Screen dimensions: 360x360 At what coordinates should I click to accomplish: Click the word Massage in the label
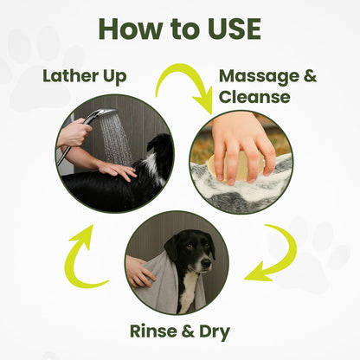pyautogui.click(x=259, y=76)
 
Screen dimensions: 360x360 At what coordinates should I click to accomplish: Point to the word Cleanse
pyautogui.click(x=254, y=97)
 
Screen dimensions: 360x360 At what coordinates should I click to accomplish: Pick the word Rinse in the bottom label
pyautogui.click(x=153, y=331)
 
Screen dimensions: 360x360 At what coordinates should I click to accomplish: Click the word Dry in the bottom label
pyautogui.click(x=215, y=332)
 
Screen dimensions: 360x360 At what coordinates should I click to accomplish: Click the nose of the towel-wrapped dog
pyautogui.click(x=206, y=262)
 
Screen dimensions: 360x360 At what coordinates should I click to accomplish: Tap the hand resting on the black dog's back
pyautogui.click(x=117, y=170)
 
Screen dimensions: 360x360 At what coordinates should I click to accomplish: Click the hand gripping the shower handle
pyautogui.click(x=74, y=132)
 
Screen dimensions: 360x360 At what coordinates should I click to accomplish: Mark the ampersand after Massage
pyautogui.click(x=310, y=76)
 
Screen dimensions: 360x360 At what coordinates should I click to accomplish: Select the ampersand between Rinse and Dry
pyautogui.click(x=188, y=331)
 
